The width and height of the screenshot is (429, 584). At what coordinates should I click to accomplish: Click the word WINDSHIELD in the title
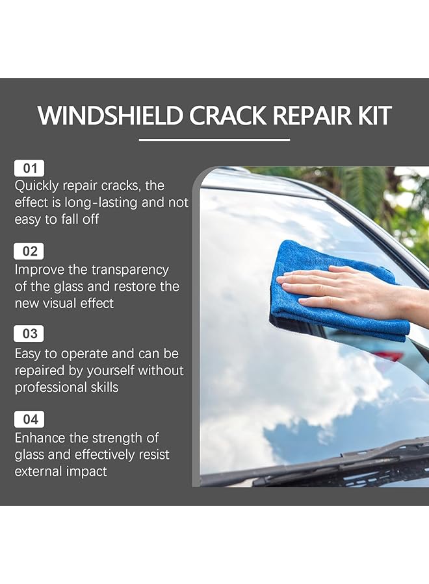(x=110, y=116)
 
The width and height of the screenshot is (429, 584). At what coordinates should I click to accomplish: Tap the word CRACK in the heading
(x=226, y=116)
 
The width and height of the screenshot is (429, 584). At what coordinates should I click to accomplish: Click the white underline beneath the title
(x=214, y=139)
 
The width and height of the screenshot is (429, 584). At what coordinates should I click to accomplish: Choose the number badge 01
(x=30, y=168)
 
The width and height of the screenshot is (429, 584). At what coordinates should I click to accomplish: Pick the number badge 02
(x=30, y=251)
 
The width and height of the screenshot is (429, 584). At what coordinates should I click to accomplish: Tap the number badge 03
(x=30, y=334)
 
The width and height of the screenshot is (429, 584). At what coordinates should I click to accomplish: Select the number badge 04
(x=30, y=419)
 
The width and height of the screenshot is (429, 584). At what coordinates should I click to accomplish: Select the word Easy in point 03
(x=29, y=354)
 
